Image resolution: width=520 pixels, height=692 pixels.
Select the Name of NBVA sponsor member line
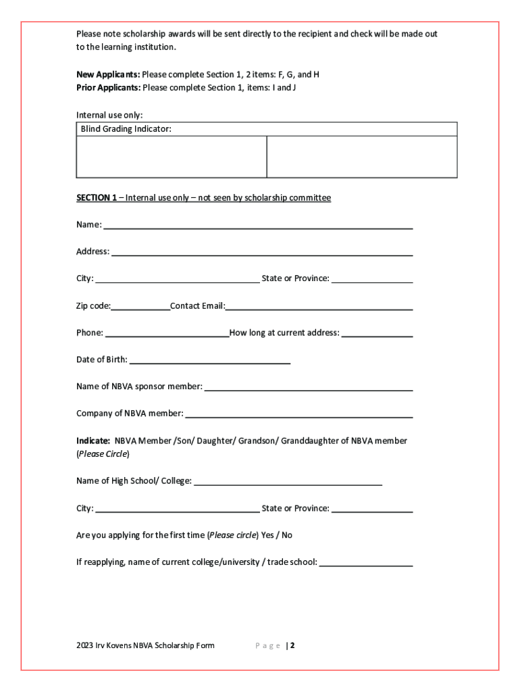click(308, 389)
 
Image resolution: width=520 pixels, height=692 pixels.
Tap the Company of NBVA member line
click(298, 416)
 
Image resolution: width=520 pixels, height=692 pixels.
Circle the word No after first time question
click(287, 535)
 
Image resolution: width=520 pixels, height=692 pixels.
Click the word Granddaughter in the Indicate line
click(311, 441)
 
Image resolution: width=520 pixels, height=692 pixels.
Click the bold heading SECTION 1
click(97, 198)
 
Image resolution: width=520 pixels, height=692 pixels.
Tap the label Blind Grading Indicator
click(126, 128)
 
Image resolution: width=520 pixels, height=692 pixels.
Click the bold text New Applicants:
click(108, 74)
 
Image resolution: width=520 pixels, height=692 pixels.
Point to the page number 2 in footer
click(292, 645)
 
